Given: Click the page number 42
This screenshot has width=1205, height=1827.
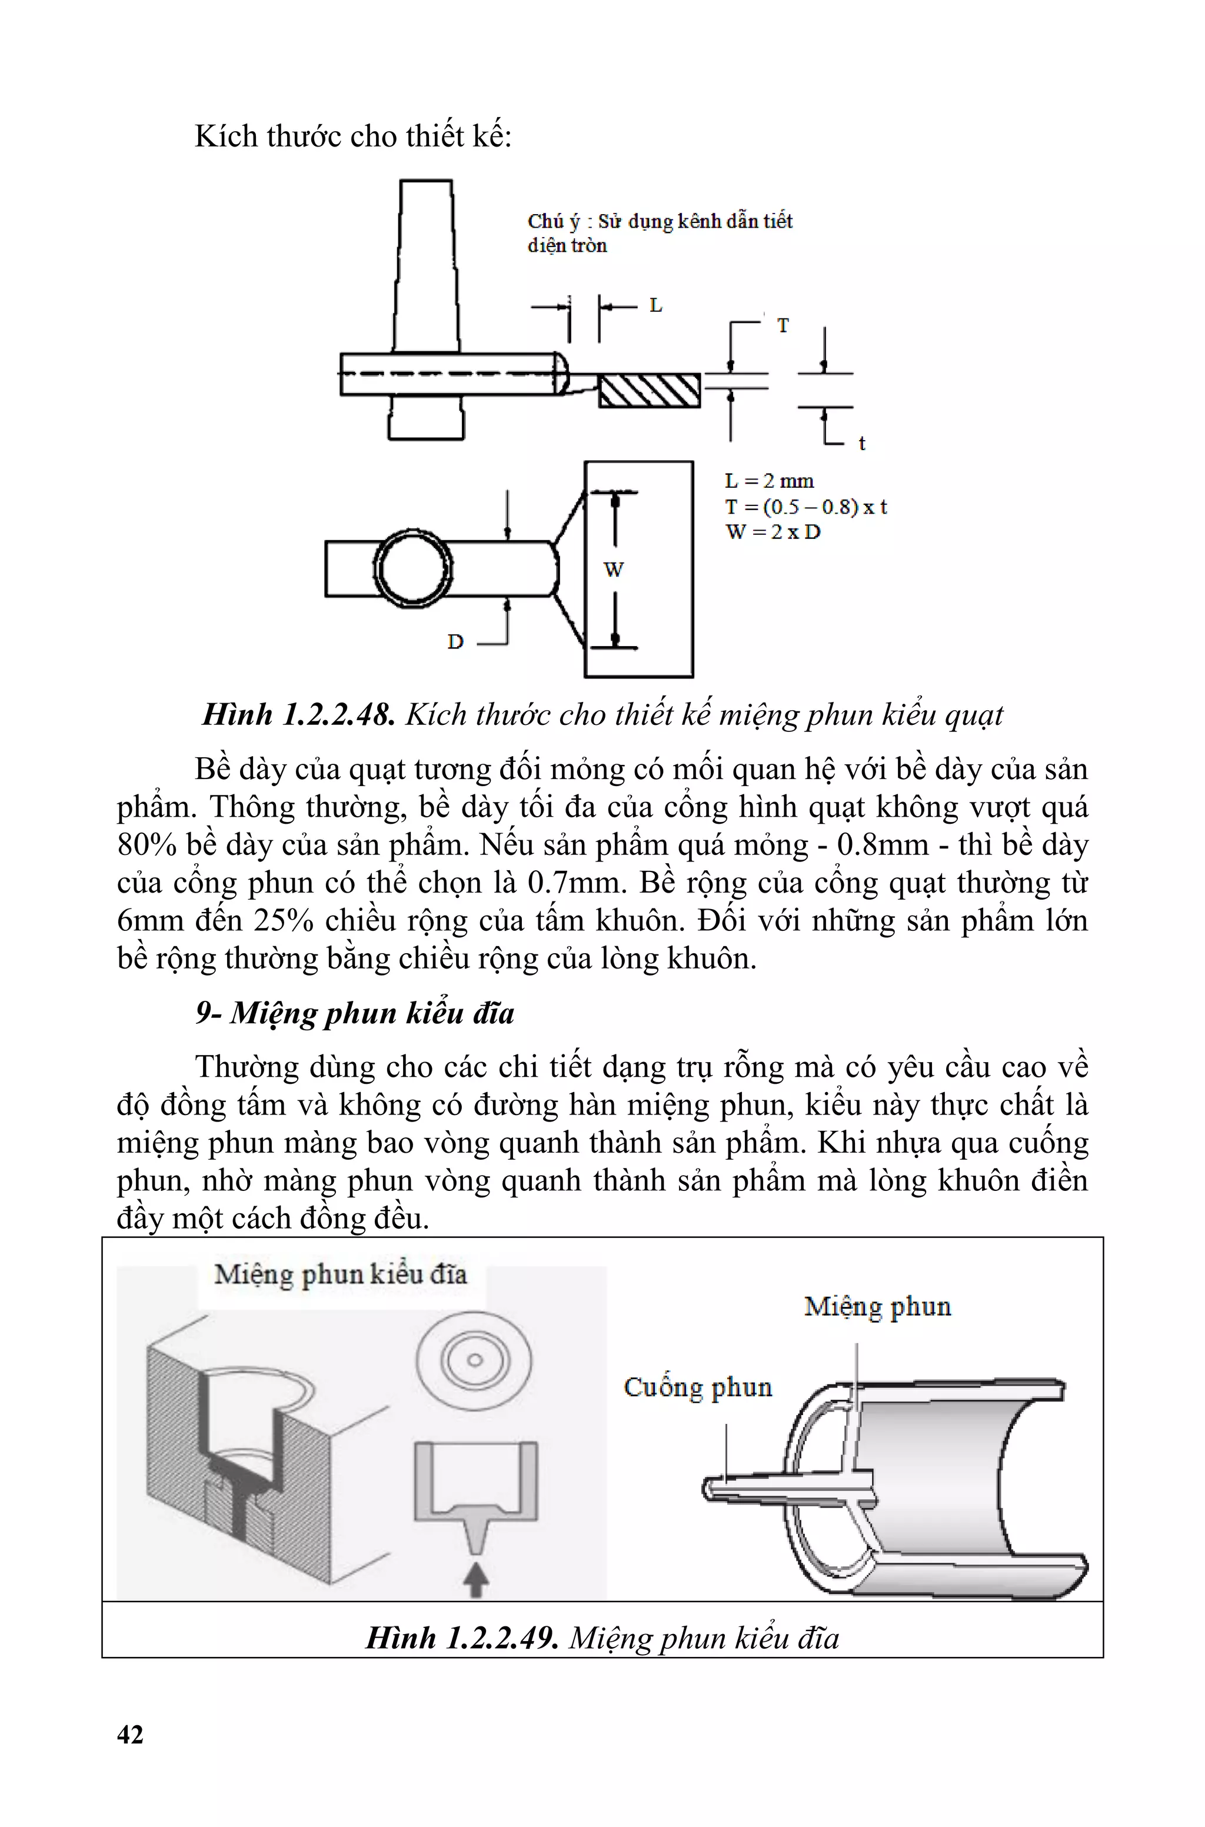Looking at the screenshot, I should pos(130,1734).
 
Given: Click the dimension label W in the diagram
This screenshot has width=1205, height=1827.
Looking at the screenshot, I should pos(613,570).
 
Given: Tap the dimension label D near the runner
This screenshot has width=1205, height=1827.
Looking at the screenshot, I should pos(456,641).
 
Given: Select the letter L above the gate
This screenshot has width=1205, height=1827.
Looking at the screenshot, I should pos(655,306).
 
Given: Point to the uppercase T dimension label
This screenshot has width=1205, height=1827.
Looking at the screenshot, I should pos(783,326).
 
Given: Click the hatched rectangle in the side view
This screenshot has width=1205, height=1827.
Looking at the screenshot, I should pos(650,390).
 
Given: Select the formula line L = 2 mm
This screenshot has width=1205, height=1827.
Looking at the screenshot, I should pos(769,482).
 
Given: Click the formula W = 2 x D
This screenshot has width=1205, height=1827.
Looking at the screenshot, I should pos(773,532).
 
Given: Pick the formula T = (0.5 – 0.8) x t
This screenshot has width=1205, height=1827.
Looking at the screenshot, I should pos(806,507).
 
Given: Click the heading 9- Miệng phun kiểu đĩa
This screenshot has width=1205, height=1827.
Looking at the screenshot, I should pos(355,1013).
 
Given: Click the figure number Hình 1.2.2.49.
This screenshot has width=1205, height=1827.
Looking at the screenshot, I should pos(462,1638).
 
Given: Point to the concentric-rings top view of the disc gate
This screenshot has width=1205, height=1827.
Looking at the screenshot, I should pos(474,1360).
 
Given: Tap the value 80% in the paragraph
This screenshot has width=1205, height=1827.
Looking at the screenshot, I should pos(147,845).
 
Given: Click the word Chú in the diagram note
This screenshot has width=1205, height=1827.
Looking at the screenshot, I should pos(545,221).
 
